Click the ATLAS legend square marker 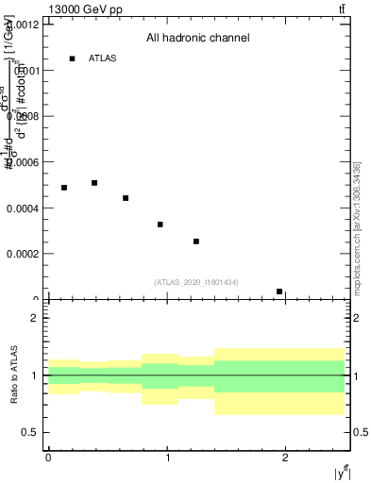click(x=72, y=58)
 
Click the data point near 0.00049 click(x=64, y=188)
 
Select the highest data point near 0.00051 click(x=94, y=183)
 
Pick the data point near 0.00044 click(x=126, y=198)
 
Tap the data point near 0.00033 click(x=160, y=225)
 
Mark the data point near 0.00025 click(x=196, y=241)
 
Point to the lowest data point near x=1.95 click(x=279, y=291)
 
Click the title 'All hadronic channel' click(x=197, y=39)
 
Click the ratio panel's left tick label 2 click(x=35, y=318)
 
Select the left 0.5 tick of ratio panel click(x=31, y=433)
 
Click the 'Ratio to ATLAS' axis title click(x=14, y=375)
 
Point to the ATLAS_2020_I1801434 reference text click(x=197, y=282)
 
